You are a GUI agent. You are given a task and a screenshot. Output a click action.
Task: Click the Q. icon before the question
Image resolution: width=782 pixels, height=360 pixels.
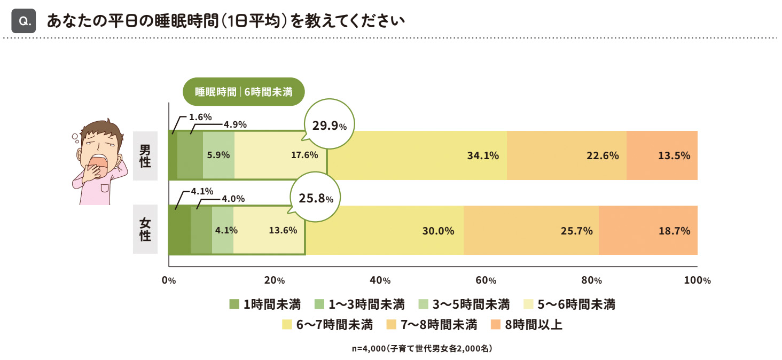[x=24, y=21]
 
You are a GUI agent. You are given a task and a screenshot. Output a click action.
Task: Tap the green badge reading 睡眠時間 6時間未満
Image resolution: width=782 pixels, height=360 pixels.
[x=244, y=91]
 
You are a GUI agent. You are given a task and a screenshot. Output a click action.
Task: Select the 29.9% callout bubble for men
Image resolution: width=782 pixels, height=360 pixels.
[x=329, y=126]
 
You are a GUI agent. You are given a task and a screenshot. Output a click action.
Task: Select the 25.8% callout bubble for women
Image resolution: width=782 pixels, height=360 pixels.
[x=315, y=199]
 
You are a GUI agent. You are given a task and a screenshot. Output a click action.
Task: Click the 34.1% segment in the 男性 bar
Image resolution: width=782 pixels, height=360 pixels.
[x=417, y=155]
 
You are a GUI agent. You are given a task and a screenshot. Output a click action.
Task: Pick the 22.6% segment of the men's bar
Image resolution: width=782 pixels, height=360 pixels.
[x=566, y=155]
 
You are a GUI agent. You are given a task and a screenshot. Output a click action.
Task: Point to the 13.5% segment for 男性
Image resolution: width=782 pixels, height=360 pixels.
[x=662, y=155]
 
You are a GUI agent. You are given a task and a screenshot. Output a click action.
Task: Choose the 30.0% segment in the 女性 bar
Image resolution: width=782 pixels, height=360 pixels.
[x=385, y=231]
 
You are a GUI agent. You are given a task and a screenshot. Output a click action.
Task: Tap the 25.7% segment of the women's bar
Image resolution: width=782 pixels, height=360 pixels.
[x=531, y=231]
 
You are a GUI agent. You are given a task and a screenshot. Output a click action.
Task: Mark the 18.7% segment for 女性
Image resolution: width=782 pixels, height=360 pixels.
[x=648, y=231]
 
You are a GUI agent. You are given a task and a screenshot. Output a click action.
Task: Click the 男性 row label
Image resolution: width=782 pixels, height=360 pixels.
[x=145, y=155]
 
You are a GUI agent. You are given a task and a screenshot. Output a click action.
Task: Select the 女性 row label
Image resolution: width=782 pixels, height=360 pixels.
[x=145, y=229]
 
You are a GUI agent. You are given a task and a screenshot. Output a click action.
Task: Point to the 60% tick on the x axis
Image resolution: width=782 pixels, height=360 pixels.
[x=486, y=280]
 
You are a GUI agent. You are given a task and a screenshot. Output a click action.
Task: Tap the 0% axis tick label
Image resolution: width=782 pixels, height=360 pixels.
[x=169, y=280]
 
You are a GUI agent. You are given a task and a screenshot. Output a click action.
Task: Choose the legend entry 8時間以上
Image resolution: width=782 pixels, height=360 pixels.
[x=526, y=324]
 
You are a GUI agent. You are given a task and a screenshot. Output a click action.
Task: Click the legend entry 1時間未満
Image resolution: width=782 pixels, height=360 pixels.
[x=265, y=304]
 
